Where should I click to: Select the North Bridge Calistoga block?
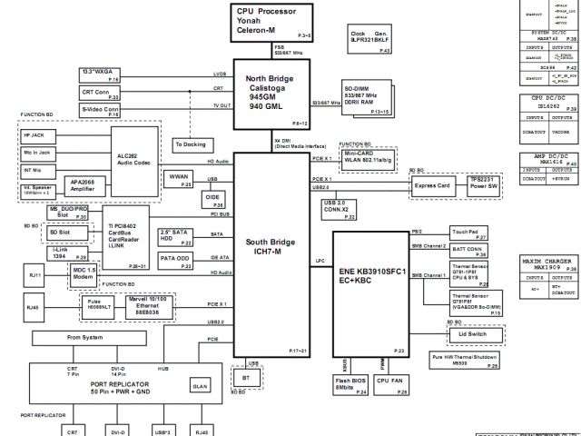click(x=272, y=94)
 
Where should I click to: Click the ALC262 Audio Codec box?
click(x=134, y=159)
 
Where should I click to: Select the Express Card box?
click(x=432, y=187)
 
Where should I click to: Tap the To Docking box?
click(x=192, y=144)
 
